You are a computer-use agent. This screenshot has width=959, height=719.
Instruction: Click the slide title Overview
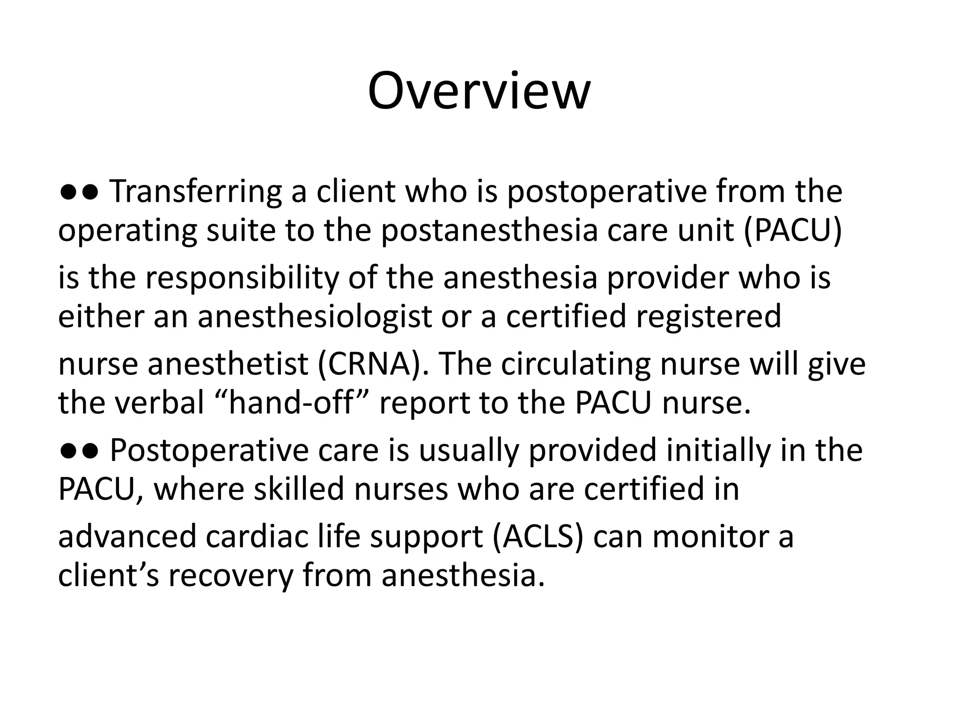point(479,91)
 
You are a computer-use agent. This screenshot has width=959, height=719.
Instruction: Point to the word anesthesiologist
point(314,316)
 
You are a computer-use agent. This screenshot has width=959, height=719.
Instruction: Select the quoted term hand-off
point(290,403)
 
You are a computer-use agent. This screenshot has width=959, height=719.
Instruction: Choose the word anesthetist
point(228,364)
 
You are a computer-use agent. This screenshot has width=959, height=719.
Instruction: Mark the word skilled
point(299,489)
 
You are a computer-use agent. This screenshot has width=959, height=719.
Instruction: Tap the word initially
point(719,450)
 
